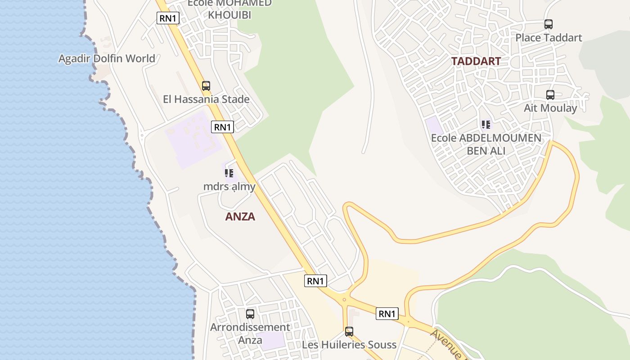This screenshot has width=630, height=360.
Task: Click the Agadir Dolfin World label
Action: pyautogui.click(x=107, y=58)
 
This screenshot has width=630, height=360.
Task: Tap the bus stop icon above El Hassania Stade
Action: pyautogui.click(x=206, y=85)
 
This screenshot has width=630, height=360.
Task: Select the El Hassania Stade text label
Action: pyautogui.click(x=206, y=99)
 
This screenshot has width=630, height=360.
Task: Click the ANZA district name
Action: pyautogui.click(x=240, y=216)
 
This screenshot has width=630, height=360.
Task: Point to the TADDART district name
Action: pyautogui.click(x=476, y=61)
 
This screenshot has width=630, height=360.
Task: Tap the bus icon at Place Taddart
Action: pyautogui.click(x=548, y=24)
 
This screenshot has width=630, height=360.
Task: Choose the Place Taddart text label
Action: pyautogui.click(x=549, y=38)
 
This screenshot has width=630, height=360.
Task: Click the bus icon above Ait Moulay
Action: pyautogui.click(x=550, y=95)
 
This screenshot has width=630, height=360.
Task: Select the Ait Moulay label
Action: pyautogui.click(x=550, y=108)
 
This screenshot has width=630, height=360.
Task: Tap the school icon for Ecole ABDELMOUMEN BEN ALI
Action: pyautogui.click(x=486, y=124)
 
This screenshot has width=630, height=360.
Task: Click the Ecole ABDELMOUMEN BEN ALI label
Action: pyautogui.click(x=486, y=144)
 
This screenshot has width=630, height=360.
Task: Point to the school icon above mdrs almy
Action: pyautogui.click(x=229, y=173)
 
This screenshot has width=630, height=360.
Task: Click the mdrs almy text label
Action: pyautogui.click(x=229, y=187)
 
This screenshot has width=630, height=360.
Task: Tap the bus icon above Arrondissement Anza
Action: pyautogui.click(x=250, y=314)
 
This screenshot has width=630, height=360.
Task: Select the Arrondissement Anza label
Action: pyautogui.click(x=250, y=333)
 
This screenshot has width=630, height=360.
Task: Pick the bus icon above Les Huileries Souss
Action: pyautogui.click(x=349, y=332)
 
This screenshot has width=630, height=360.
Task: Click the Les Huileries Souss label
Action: pyautogui.click(x=349, y=345)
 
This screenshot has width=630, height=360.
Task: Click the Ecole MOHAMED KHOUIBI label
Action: pyautogui.click(x=229, y=9)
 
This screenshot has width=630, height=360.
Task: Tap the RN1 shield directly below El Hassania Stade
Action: pyautogui.click(x=222, y=127)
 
